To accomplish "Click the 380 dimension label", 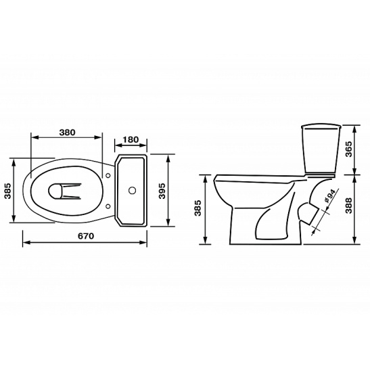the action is coord(67,133).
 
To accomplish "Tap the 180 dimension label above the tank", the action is coord(131,140).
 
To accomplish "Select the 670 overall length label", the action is coord(86,236).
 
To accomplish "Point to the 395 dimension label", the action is coord(162,191).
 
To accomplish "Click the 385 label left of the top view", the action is coord(8,191).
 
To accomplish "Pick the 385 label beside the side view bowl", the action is coord(198,208).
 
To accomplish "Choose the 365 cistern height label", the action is coord(348,149).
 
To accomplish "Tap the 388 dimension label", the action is coord(348,206).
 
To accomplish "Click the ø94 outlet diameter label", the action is coord(330,196).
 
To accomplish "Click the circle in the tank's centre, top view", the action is coord(132,190).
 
